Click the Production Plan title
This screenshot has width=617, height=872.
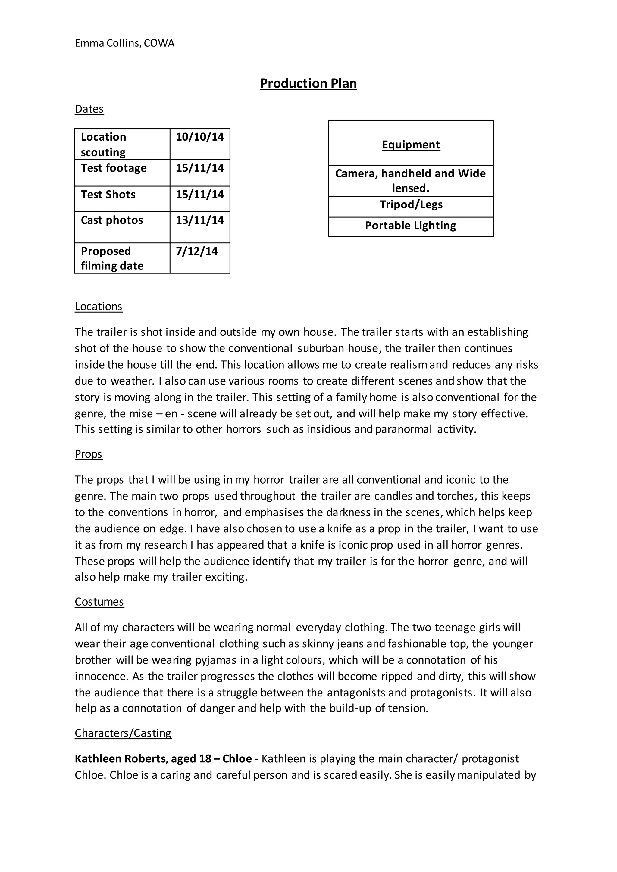pyautogui.click(x=308, y=83)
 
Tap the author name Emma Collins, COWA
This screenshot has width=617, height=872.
pyautogui.click(x=124, y=43)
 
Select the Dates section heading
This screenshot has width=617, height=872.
pyautogui.click(x=89, y=109)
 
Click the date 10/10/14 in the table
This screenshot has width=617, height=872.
pyautogui.click(x=199, y=137)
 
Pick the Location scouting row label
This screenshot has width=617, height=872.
pyautogui.click(x=103, y=144)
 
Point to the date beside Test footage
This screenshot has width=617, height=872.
pyautogui.click(x=199, y=168)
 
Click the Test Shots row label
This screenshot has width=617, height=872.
pyautogui.click(x=108, y=195)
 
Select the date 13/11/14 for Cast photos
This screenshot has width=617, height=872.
pyautogui.click(x=199, y=220)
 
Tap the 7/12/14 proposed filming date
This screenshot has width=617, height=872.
pyautogui.click(x=196, y=251)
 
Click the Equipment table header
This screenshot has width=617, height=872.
pyautogui.click(x=411, y=145)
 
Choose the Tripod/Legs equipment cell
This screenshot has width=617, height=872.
pyautogui.click(x=411, y=205)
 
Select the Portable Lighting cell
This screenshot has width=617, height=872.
pyautogui.click(x=410, y=226)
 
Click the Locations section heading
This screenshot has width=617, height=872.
pyautogui.click(x=99, y=307)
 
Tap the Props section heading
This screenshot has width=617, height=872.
pyautogui.click(x=88, y=454)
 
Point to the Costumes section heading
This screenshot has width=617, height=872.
pyautogui.click(x=99, y=602)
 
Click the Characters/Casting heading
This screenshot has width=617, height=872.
pyautogui.click(x=123, y=733)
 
